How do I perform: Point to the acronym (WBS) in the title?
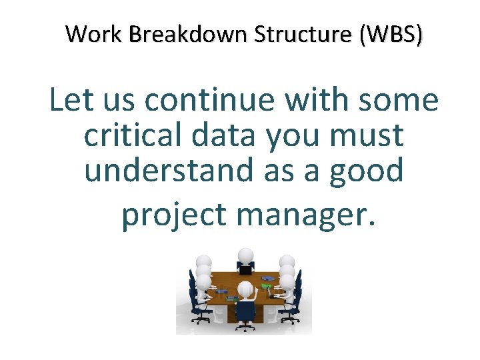tap(389, 33)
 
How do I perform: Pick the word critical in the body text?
tap(133, 136)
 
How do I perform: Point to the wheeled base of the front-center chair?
tap(244, 326)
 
